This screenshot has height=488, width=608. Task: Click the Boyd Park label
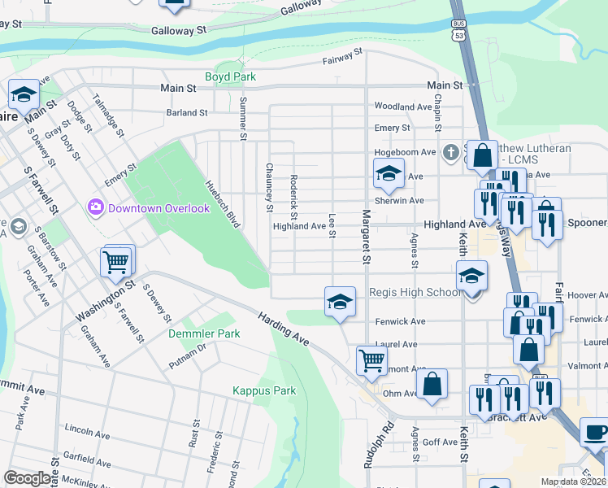[230, 77]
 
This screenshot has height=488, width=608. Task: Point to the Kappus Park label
[264, 390]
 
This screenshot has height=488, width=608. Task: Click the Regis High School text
[414, 293]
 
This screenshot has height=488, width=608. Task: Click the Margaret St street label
[366, 237]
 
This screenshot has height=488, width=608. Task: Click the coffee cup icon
[595, 432]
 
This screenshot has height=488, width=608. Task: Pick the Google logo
[28, 478]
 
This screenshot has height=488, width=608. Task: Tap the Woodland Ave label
[402, 107]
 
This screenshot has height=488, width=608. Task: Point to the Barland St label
[187, 113]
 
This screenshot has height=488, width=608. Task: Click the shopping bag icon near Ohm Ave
[432, 383]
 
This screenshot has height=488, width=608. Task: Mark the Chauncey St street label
[269, 187]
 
